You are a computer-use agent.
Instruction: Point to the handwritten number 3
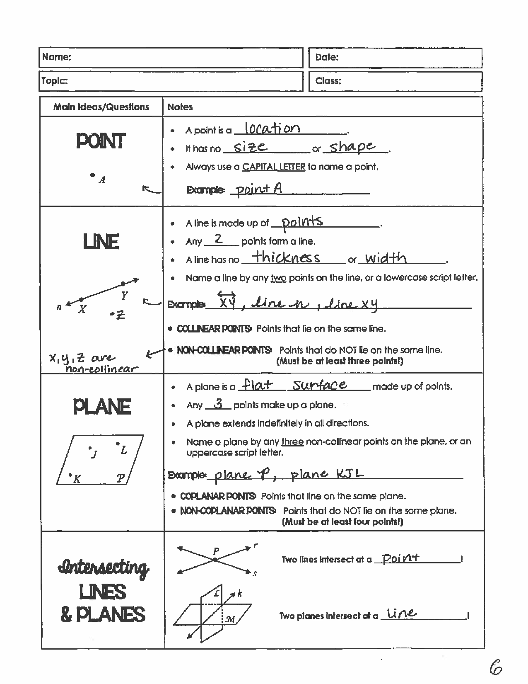pyautogui.click(x=219, y=403)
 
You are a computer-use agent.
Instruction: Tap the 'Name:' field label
pyautogui.click(x=57, y=57)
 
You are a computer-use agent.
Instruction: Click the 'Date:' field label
pyautogui.click(x=327, y=57)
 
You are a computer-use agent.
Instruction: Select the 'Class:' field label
pyautogui.click(x=328, y=81)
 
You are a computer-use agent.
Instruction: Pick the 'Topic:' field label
pyautogui.click(x=54, y=81)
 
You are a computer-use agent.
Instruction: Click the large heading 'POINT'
pyautogui.click(x=101, y=141)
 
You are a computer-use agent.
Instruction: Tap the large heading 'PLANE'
pyautogui.click(x=102, y=407)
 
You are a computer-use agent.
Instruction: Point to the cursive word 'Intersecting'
pyautogui.click(x=104, y=568)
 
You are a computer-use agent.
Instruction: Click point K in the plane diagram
pyautogui.click(x=70, y=475)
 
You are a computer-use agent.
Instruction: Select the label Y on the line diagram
pyautogui.click(x=124, y=295)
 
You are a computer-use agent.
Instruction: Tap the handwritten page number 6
pyautogui.click(x=495, y=667)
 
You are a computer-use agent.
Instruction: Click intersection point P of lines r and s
pyautogui.click(x=215, y=560)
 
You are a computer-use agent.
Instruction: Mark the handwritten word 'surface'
pyautogui.click(x=319, y=385)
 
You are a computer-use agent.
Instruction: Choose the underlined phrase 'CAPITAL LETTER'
pyautogui.click(x=273, y=167)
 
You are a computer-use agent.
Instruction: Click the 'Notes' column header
pyautogui.click(x=180, y=107)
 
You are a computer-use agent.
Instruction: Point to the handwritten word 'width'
pyautogui.click(x=386, y=258)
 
